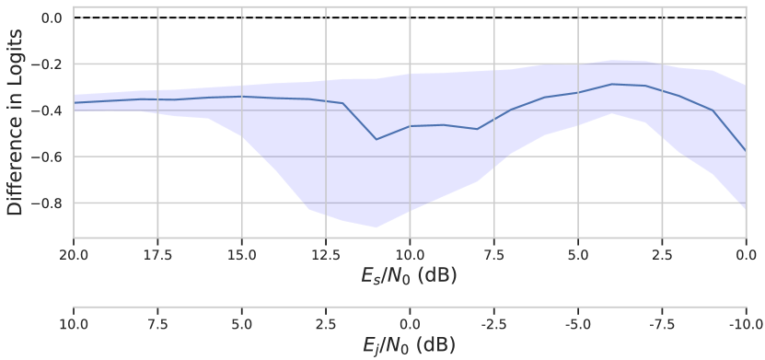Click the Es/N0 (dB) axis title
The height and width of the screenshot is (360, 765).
(409, 275)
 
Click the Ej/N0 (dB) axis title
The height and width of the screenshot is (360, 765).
(409, 345)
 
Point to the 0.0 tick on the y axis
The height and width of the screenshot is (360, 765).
(52, 17)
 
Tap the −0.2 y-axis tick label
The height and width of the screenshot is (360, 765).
(49, 64)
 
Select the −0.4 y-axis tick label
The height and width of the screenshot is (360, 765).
(49, 110)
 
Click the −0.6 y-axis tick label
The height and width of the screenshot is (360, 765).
(49, 157)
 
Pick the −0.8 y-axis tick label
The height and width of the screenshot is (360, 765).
(49, 203)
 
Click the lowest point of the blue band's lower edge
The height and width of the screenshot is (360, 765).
(376, 226)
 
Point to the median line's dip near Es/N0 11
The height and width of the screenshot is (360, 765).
(376, 139)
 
